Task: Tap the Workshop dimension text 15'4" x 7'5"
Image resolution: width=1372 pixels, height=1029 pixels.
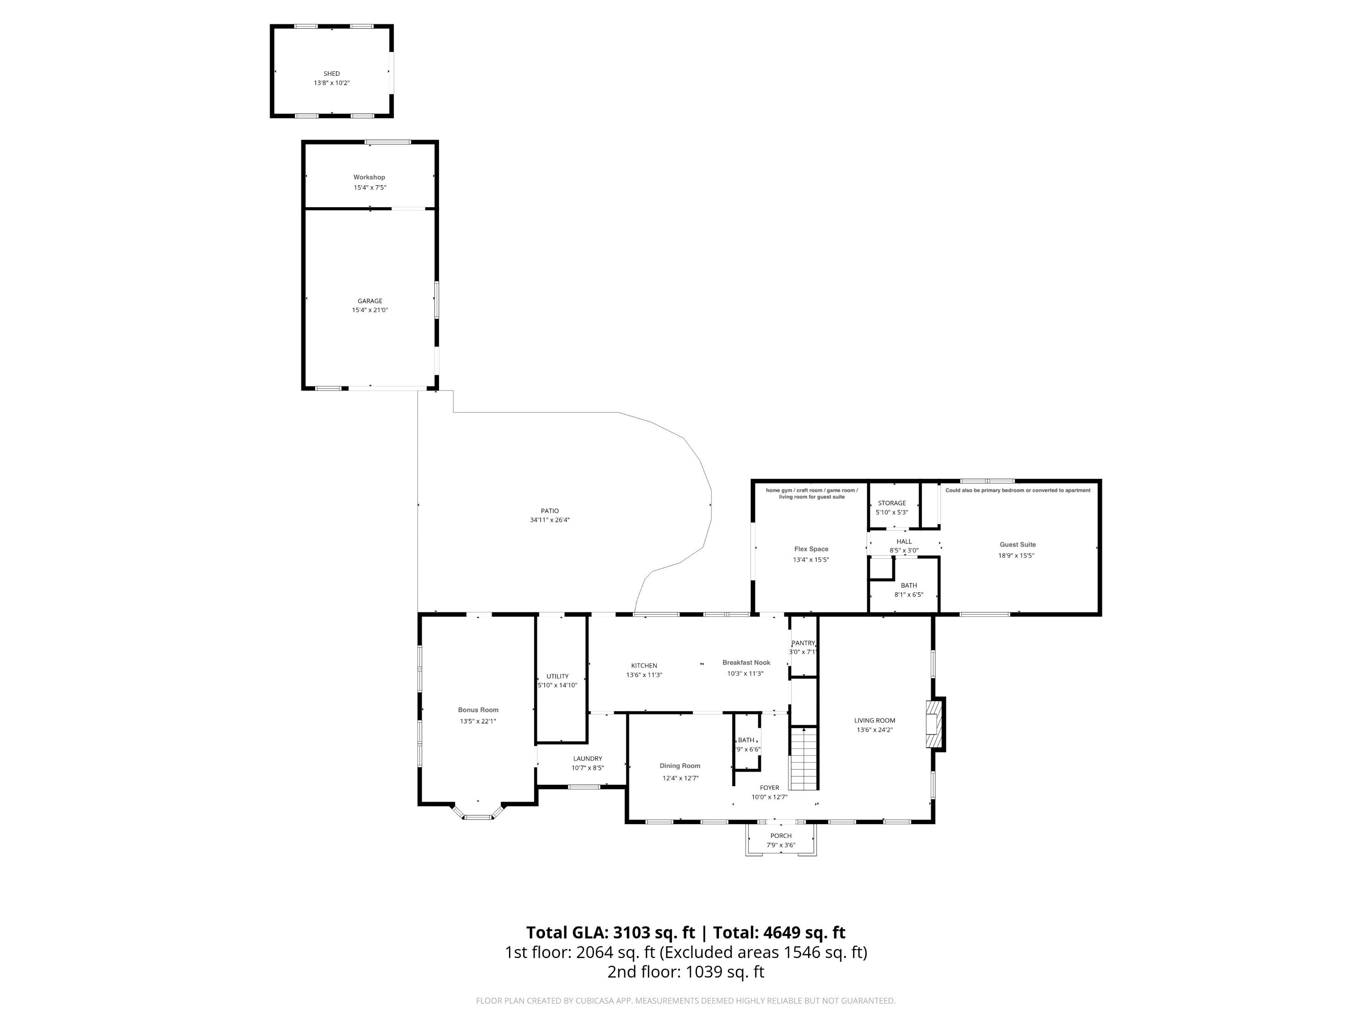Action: tap(370, 188)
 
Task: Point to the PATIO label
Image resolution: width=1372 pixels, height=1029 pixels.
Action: tap(550, 511)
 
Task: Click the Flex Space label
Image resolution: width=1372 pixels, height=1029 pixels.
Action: tap(811, 549)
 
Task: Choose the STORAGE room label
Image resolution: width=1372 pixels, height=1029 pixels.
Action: tap(892, 503)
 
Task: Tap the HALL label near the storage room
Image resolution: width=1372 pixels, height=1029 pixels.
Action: tap(904, 541)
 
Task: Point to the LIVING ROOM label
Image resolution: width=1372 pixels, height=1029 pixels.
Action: tap(874, 720)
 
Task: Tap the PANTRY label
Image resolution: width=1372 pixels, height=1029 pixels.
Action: tap(803, 643)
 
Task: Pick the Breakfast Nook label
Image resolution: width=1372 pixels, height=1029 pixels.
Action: tap(746, 662)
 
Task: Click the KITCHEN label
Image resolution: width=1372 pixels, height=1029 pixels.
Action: tap(644, 665)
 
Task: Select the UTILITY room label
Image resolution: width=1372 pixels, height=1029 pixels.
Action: tap(557, 676)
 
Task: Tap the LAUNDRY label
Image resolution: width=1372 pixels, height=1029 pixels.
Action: tap(587, 759)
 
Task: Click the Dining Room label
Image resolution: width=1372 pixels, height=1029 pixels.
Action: tap(680, 766)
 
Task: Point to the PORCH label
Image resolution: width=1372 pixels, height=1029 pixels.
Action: tap(781, 836)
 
